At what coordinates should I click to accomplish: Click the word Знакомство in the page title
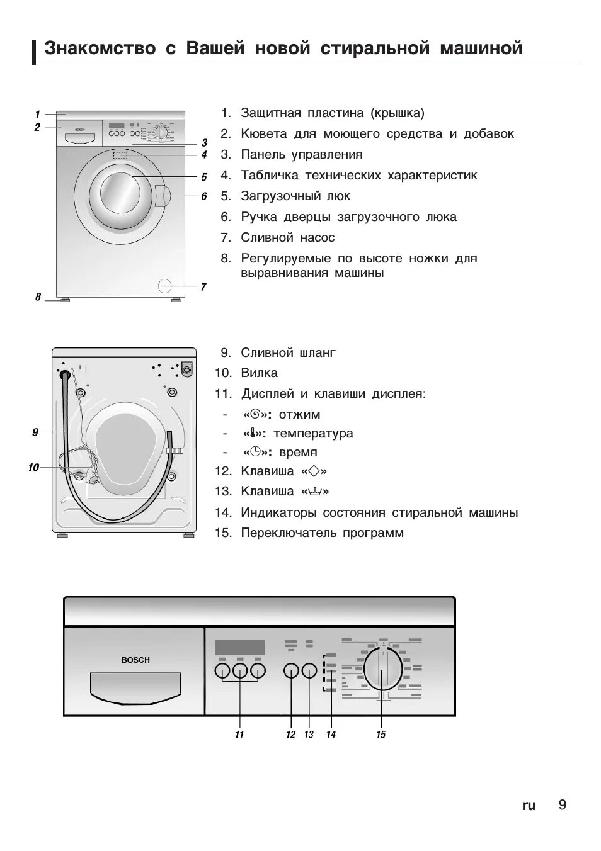pos(100,48)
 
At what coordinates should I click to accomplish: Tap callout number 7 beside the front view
pos(203,287)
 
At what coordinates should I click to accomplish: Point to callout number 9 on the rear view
pos(35,432)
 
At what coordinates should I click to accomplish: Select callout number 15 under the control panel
pos(381,735)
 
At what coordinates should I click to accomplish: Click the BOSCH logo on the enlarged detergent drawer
pos(135,660)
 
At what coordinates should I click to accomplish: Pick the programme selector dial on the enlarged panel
pos(382,670)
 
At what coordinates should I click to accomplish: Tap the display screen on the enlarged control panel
pos(239,647)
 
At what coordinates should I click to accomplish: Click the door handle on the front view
pos(161,195)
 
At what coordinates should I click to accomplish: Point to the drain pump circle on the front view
pos(165,285)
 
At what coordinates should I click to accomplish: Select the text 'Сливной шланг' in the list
pos(288,352)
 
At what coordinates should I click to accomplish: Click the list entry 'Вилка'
pos(259,373)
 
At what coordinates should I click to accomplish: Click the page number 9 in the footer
pos(562,805)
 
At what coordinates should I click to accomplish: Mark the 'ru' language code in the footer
pos(529,806)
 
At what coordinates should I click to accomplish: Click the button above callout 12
pos(291,671)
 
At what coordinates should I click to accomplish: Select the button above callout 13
pos(309,671)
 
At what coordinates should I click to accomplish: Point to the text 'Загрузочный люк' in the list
pos(295,196)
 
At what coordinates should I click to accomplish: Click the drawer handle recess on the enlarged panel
pos(135,687)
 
